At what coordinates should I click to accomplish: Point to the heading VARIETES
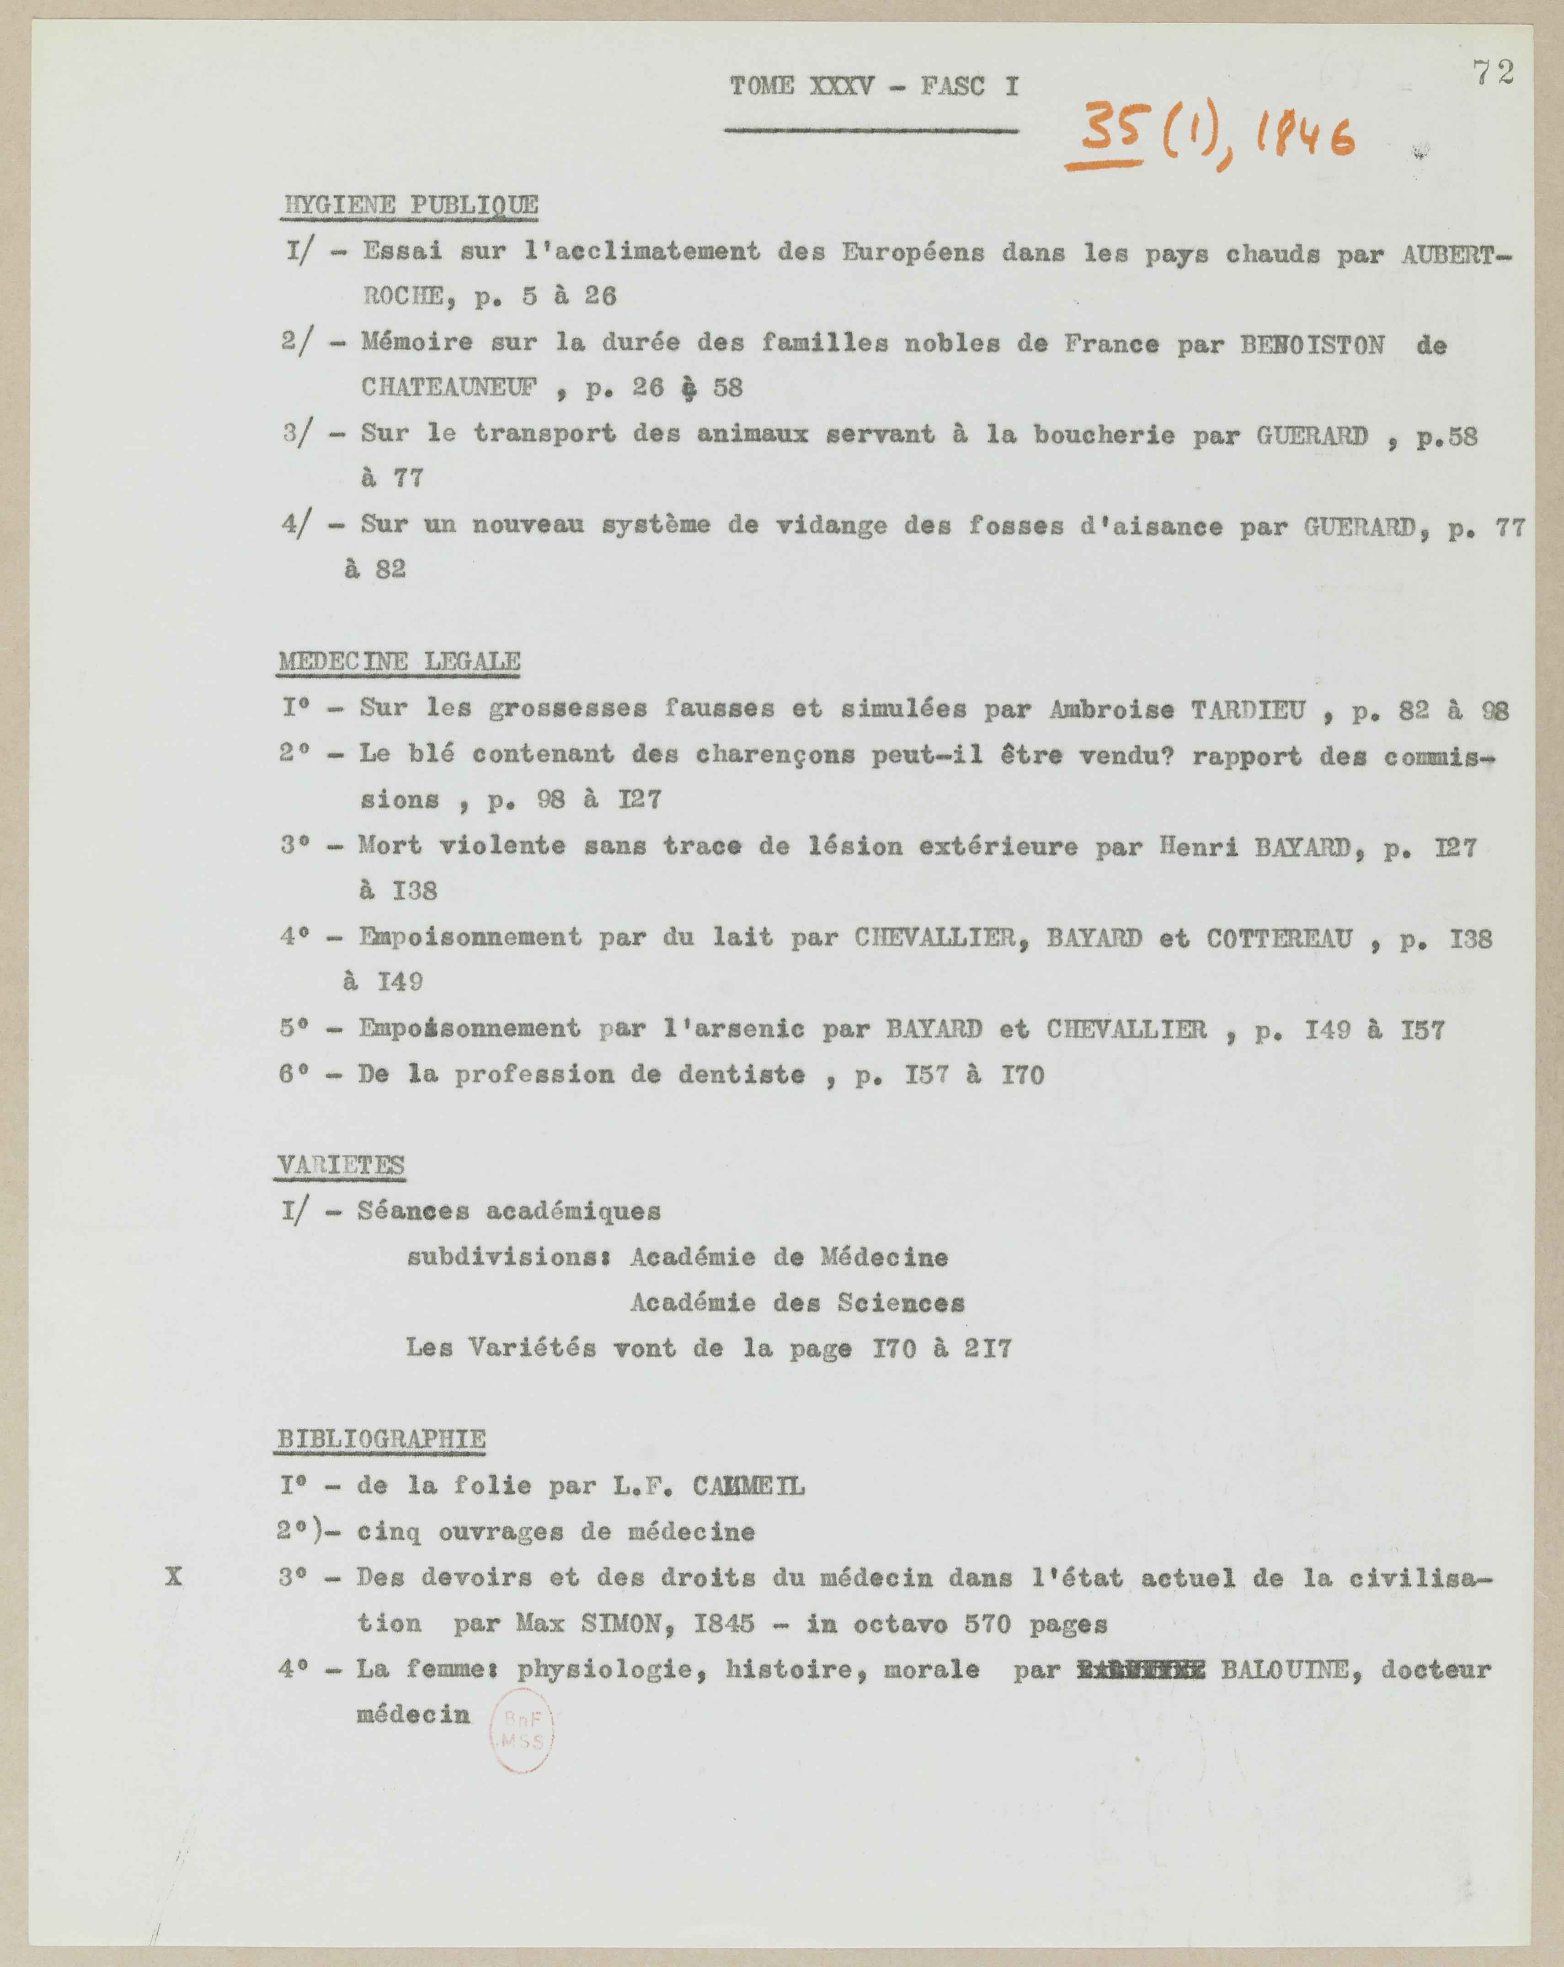(340, 1166)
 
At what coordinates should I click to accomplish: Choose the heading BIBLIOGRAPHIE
(380, 1439)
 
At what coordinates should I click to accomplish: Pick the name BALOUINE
(1284, 1669)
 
